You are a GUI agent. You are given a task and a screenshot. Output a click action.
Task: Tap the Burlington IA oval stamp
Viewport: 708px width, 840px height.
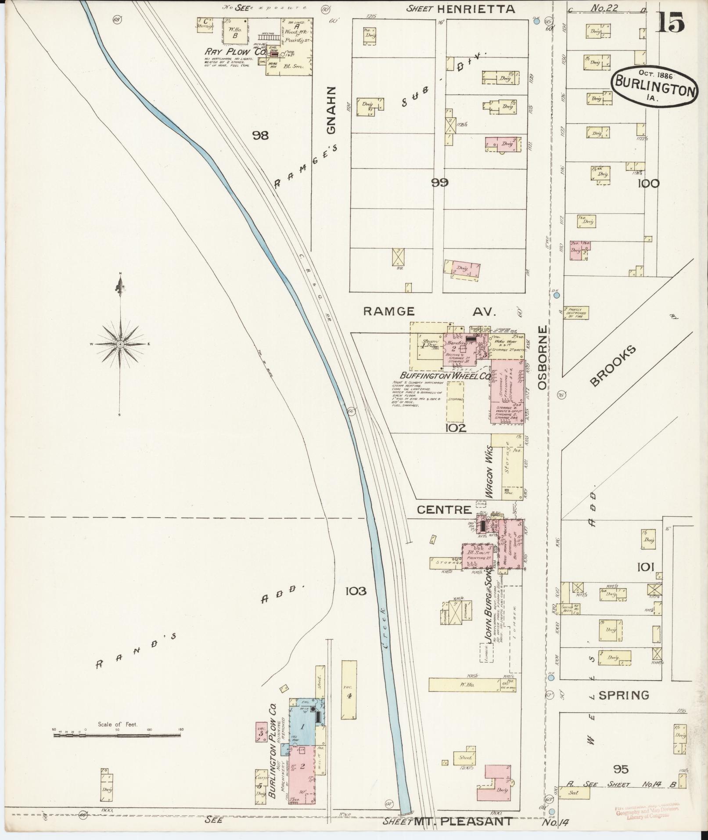654,86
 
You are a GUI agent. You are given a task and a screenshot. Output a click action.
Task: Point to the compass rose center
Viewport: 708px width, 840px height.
120,344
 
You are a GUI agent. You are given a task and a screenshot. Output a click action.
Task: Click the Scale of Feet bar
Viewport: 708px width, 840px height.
117,733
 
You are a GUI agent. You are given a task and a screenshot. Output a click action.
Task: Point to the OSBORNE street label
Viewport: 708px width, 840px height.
544,357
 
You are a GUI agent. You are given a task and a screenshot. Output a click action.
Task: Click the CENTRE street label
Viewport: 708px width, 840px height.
444,510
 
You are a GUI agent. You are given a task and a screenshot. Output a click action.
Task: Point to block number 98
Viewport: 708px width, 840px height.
260,135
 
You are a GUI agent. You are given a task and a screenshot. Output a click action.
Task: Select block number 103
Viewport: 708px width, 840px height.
356,591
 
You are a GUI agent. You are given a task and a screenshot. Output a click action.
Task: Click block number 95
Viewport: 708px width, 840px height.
621,769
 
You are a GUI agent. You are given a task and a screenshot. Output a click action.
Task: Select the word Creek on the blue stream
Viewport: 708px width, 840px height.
383,624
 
